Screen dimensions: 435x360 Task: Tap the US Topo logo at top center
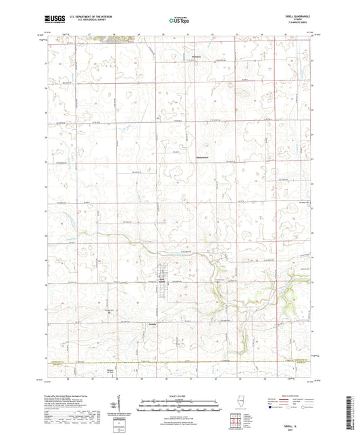[x=179, y=20]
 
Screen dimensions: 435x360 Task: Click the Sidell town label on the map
[x=163, y=282]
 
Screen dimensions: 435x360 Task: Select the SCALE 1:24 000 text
[x=180, y=396]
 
